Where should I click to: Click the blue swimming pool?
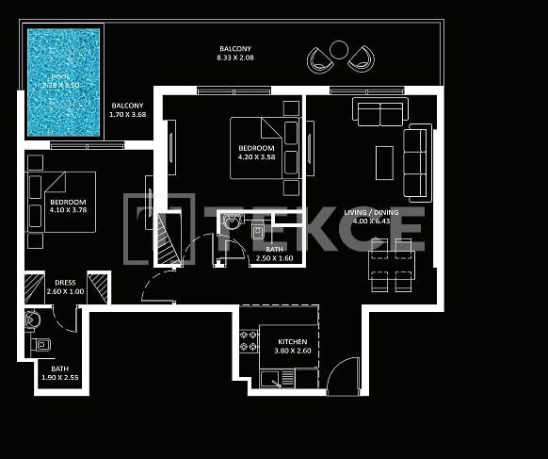click(63, 82)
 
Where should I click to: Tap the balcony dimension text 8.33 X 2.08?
click(235, 58)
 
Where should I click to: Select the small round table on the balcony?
click(339, 50)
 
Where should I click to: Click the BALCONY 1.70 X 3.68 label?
click(127, 110)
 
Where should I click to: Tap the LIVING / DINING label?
click(371, 213)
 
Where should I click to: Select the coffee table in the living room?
click(385, 162)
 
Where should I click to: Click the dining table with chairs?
click(391, 265)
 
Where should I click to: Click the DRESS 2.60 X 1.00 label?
click(65, 287)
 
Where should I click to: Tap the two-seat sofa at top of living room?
click(379, 111)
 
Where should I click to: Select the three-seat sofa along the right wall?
click(416, 161)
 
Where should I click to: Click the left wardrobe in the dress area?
click(34, 287)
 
